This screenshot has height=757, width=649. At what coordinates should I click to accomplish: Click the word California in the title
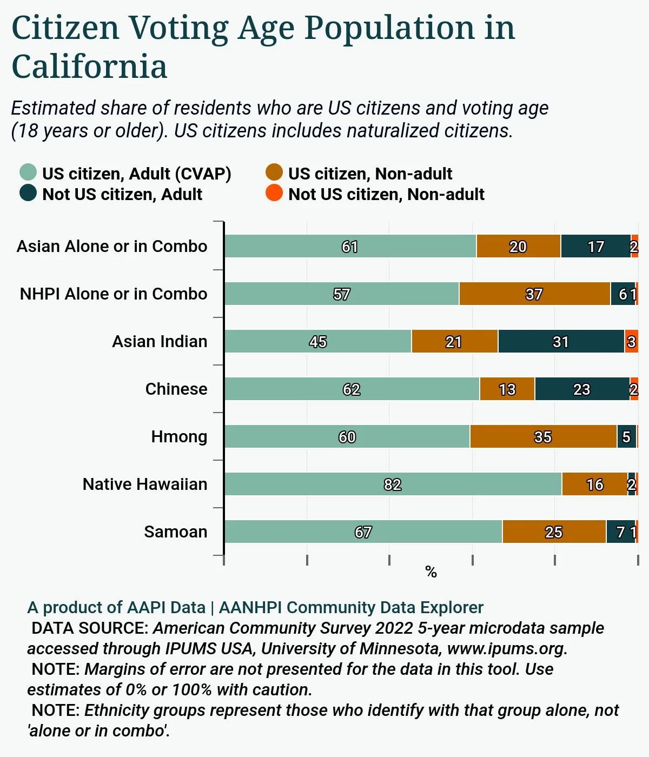pos(89,67)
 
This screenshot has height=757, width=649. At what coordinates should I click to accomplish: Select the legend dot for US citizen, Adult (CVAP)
pos(28,172)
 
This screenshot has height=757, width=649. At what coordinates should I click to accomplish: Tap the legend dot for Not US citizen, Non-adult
pos(274,193)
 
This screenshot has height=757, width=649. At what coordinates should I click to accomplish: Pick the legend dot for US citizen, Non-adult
pos(274,172)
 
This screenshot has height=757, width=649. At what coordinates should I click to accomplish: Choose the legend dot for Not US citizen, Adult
pos(28,193)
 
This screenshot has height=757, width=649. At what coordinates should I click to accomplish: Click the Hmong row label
pos(179,436)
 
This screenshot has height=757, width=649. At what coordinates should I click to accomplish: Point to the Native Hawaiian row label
pos(145,484)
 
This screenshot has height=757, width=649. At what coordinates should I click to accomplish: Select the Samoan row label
pos(176,532)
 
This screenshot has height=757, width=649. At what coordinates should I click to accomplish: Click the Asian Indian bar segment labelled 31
pos(561,341)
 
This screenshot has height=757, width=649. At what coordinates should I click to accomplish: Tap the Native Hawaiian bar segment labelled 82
pos(393,484)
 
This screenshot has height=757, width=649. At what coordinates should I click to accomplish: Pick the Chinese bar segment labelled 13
pos(507,389)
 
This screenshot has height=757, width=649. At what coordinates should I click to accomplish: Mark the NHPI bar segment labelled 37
pos(534,294)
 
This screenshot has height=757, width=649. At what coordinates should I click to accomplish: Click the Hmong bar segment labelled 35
pos(543,436)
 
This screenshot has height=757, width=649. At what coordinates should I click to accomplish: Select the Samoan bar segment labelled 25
pos(554,532)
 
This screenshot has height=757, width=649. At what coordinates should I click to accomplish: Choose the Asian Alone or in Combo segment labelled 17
pos(595,246)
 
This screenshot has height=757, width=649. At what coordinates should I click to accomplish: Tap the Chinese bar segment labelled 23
pos(582,389)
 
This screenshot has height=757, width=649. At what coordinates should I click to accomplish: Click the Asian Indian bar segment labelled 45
pos(318,341)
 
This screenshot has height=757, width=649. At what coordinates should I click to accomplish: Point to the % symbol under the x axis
pos(431,572)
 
